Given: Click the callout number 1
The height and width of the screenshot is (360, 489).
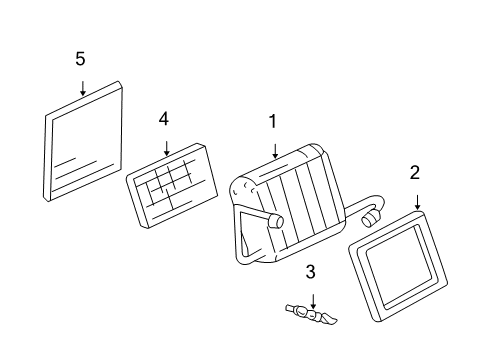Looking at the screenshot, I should point(271,122).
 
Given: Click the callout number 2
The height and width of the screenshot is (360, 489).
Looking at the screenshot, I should point(414,173).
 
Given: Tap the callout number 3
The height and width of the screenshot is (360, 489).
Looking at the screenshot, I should point(311,272).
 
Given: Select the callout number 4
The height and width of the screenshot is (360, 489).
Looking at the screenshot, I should point(164,119).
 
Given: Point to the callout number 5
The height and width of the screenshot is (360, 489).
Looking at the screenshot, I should point(80,59).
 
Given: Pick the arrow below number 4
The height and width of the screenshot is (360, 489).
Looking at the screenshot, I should point(165,147).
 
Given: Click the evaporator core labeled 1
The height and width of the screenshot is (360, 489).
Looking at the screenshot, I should point(285,200).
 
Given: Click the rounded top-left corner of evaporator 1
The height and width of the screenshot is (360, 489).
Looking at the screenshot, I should point(240,186).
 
